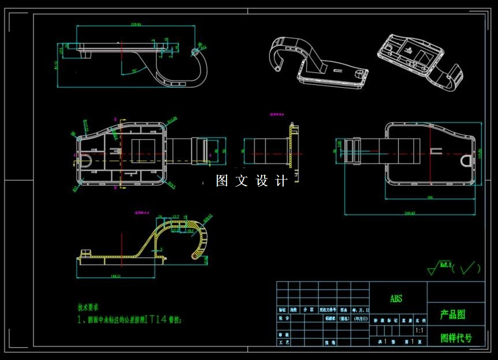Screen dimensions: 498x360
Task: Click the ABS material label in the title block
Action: pyautogui.click(x=396, y=299)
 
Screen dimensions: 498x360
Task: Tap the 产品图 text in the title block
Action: pyautogui.click(x=453, y=315)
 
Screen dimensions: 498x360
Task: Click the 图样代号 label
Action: pyautogui.click(x=456, y=338)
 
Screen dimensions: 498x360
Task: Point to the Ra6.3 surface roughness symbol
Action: pyautogui.click(x=442, y=265)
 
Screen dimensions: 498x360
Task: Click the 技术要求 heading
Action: pyautogui.click(x=92, y=307)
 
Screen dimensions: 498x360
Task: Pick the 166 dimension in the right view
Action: pyautogui.click(x=429, y=198)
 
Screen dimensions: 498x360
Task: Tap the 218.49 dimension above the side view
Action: pyautogui.click(x=120, y=25)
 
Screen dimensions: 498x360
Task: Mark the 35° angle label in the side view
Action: pyautogui.click(x=134, y=70)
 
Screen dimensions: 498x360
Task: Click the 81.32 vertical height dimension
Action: pyautogui.click(x=56, y=65)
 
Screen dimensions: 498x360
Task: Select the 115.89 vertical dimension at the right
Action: pyautogui.click(x=480, y=153)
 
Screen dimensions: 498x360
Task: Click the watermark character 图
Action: pyautogui.click(x=222, y=181)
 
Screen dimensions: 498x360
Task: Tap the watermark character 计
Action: pyautogui.click(x=282, y=181)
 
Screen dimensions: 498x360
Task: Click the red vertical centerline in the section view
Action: pyautogui.click(x=122, y=242)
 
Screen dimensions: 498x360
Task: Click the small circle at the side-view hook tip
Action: pyautogui.click(x=194, y=53)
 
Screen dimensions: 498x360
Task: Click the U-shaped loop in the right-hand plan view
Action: pyautogui.click(x=467, y=159)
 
